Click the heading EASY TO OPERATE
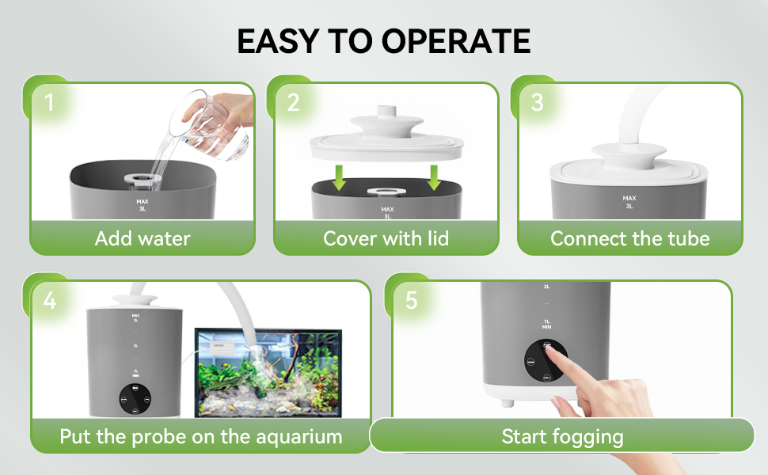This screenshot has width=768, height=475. [x=384, y=41]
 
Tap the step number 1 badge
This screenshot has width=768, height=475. [x=49, y=102]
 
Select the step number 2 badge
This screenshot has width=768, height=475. [x=294, y=102]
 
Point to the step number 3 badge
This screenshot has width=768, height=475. [x=538, y=102]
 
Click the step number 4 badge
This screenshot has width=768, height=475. [x=50, y=301]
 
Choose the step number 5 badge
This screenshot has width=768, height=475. [x=411, y=301]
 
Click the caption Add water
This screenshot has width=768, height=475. [x=143, y=238]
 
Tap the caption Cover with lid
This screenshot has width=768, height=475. [x=386, y=238]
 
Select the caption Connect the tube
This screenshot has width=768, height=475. [x=629, y=238]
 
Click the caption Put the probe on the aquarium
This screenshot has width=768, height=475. [x=201, y=436]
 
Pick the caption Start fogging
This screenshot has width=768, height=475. [x=562, y=436]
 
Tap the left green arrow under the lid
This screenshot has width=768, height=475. [x=340, y=177]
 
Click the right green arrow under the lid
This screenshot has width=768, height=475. [x=434, y=177]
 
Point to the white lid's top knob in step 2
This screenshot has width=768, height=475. [x=386, y=114]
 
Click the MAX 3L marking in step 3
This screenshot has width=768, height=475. [x=629, y=202]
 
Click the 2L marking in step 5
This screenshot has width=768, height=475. [x=546, y=287]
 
